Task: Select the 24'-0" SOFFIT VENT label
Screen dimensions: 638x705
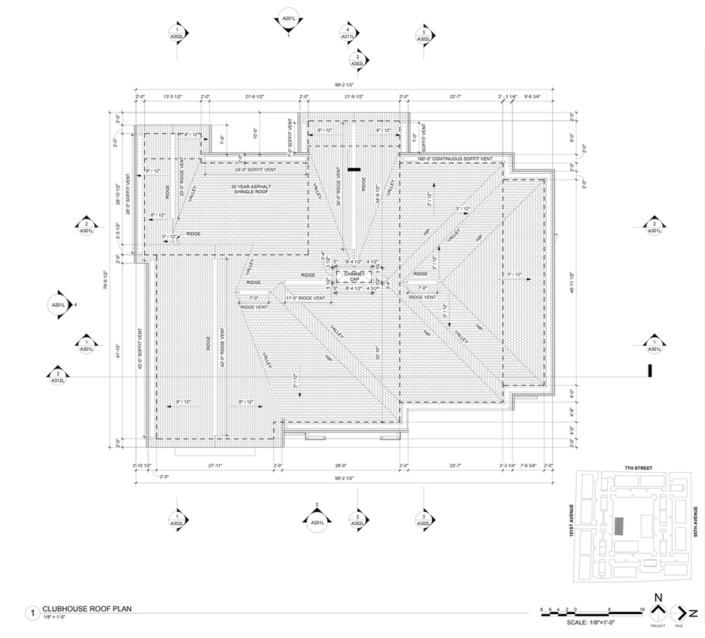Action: [256, 169]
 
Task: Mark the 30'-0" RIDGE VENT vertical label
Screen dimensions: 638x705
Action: [339, 187]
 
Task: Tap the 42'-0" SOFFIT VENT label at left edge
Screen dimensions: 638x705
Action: [139, 348]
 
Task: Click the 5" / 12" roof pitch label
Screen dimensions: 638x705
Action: [170, 236]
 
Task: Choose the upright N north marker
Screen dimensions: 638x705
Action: [659, 598]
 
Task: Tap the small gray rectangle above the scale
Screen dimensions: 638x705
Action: [618, 526]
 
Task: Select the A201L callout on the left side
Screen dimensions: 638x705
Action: [58, 306]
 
